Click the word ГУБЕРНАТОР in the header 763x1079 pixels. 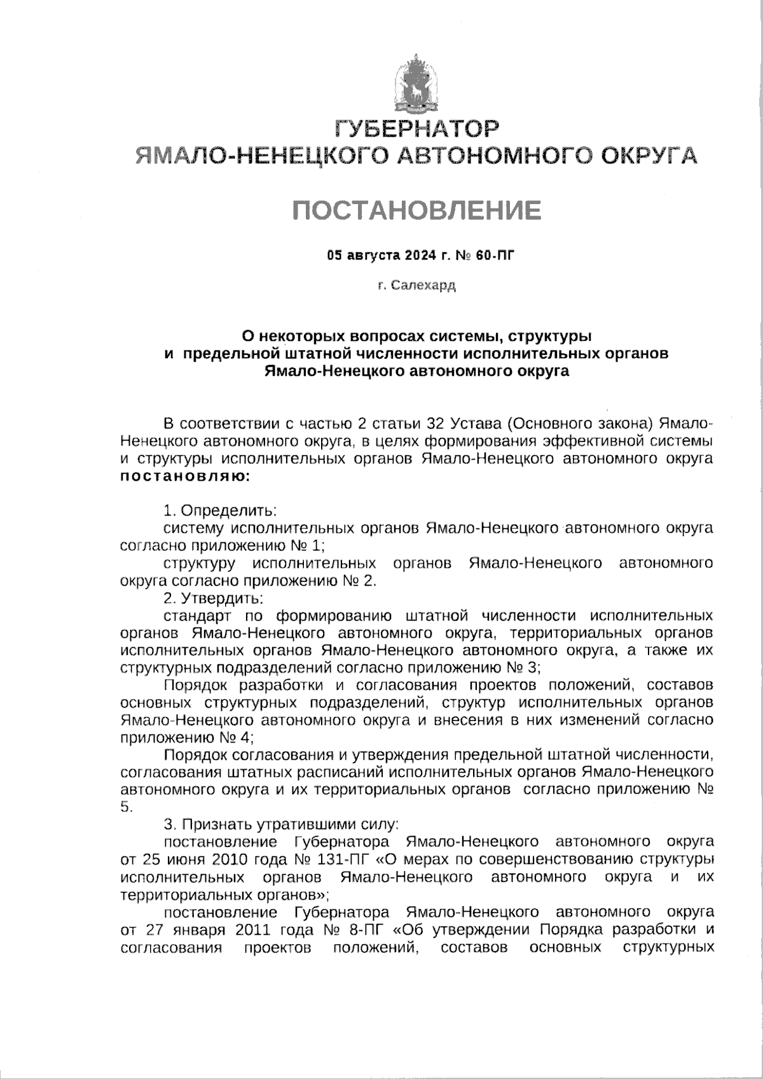coord(416,128)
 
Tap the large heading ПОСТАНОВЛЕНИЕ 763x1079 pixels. coord(416,209)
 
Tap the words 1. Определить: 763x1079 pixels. coord(219,510)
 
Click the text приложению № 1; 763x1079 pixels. coord(267,545)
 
